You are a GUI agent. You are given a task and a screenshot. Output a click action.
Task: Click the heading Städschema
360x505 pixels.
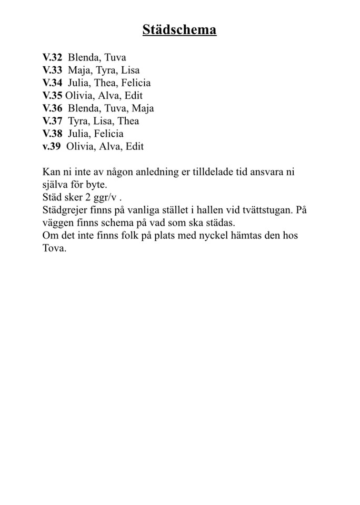click(x=179, y=30)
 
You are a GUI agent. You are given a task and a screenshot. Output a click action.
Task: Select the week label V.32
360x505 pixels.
click(x=52, y=57)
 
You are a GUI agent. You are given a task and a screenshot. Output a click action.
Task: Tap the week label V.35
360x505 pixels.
click(x=52, y=96)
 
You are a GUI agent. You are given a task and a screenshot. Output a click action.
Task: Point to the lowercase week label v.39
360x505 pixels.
click(x=52, y=146)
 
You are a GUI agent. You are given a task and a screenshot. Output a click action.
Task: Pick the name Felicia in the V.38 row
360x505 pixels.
click(x=108, y=134)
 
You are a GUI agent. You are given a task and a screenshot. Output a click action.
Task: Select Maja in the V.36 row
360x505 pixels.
click(x=143, y=108)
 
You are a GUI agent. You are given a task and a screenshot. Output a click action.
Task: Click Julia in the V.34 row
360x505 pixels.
click(x=78, y=83)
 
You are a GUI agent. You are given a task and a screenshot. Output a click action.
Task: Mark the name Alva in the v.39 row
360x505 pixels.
click(x=109, y=146)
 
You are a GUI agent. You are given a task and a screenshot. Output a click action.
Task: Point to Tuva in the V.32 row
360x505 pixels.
click(x=115, y=57)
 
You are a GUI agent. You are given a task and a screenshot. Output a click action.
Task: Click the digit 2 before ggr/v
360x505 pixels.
click(x=81, y=197)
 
